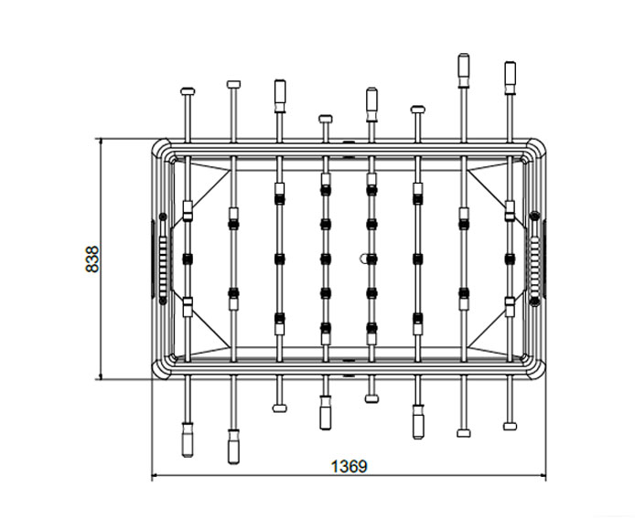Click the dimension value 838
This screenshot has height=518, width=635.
click(92, 259)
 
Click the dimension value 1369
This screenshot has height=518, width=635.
click(350, 466)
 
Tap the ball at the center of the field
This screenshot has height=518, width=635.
click(363, 259)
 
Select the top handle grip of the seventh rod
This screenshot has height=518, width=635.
click(464, 70)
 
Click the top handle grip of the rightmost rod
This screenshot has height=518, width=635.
click(511, 78)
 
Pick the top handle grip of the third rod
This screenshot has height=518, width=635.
click(280, 96)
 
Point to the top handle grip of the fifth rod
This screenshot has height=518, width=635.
click(371, 105)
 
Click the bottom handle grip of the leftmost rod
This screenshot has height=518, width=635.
click(187, 439)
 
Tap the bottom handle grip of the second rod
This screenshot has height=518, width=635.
click(233, 447)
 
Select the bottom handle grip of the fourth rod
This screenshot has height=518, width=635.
click(325, 412)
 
